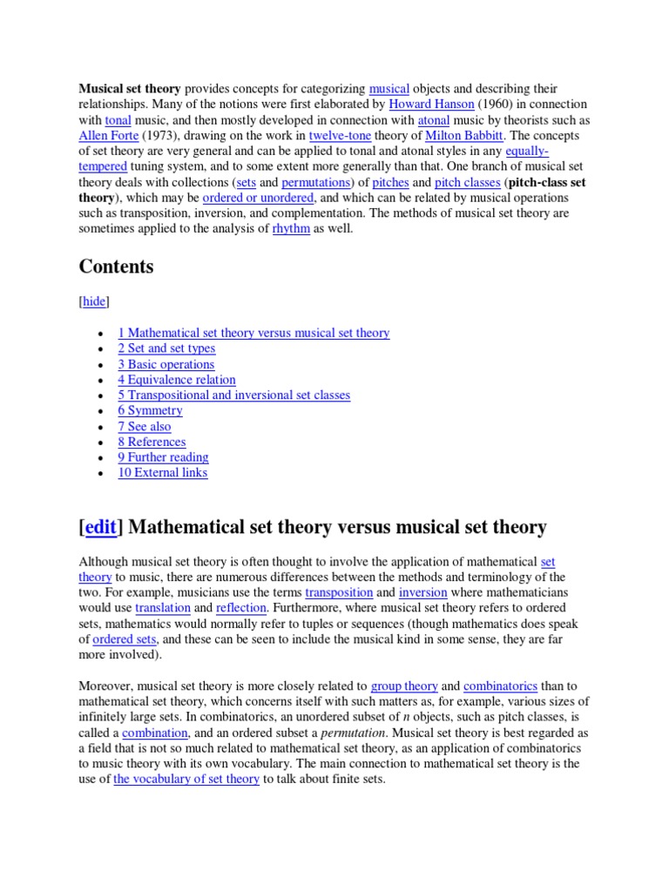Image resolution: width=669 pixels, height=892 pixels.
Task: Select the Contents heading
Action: pos(116,267)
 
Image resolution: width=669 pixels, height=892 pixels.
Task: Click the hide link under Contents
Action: pos(94,301)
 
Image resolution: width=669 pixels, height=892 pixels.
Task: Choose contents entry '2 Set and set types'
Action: pos(166,348)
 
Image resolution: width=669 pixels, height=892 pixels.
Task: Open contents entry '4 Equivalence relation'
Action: pos(177,380)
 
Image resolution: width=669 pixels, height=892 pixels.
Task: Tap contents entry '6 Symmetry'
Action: pos(150,410)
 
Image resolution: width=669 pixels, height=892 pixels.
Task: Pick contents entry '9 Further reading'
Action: pos(163,457)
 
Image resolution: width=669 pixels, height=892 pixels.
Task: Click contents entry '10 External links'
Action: pos(163,473)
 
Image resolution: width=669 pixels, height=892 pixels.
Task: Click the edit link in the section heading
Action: pos(103,528)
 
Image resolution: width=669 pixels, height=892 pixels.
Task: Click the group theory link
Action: pos(404,686)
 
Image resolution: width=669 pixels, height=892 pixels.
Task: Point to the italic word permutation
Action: pos(354,733)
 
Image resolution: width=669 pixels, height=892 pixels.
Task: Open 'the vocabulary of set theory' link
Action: pos(186,780)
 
